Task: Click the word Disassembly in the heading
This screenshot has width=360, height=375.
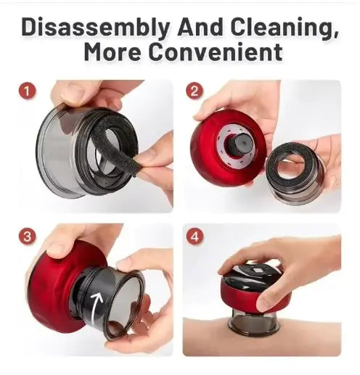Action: [x=95, y=27]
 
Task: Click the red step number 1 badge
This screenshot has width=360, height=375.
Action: [x=27, y=91]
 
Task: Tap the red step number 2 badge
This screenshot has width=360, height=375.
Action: [x=195, y=91]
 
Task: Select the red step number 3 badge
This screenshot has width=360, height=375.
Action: [x=27, y=236]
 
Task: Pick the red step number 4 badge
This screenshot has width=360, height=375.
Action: [x=195, y=236]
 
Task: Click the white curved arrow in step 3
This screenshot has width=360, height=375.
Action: [x=97, y=304]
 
